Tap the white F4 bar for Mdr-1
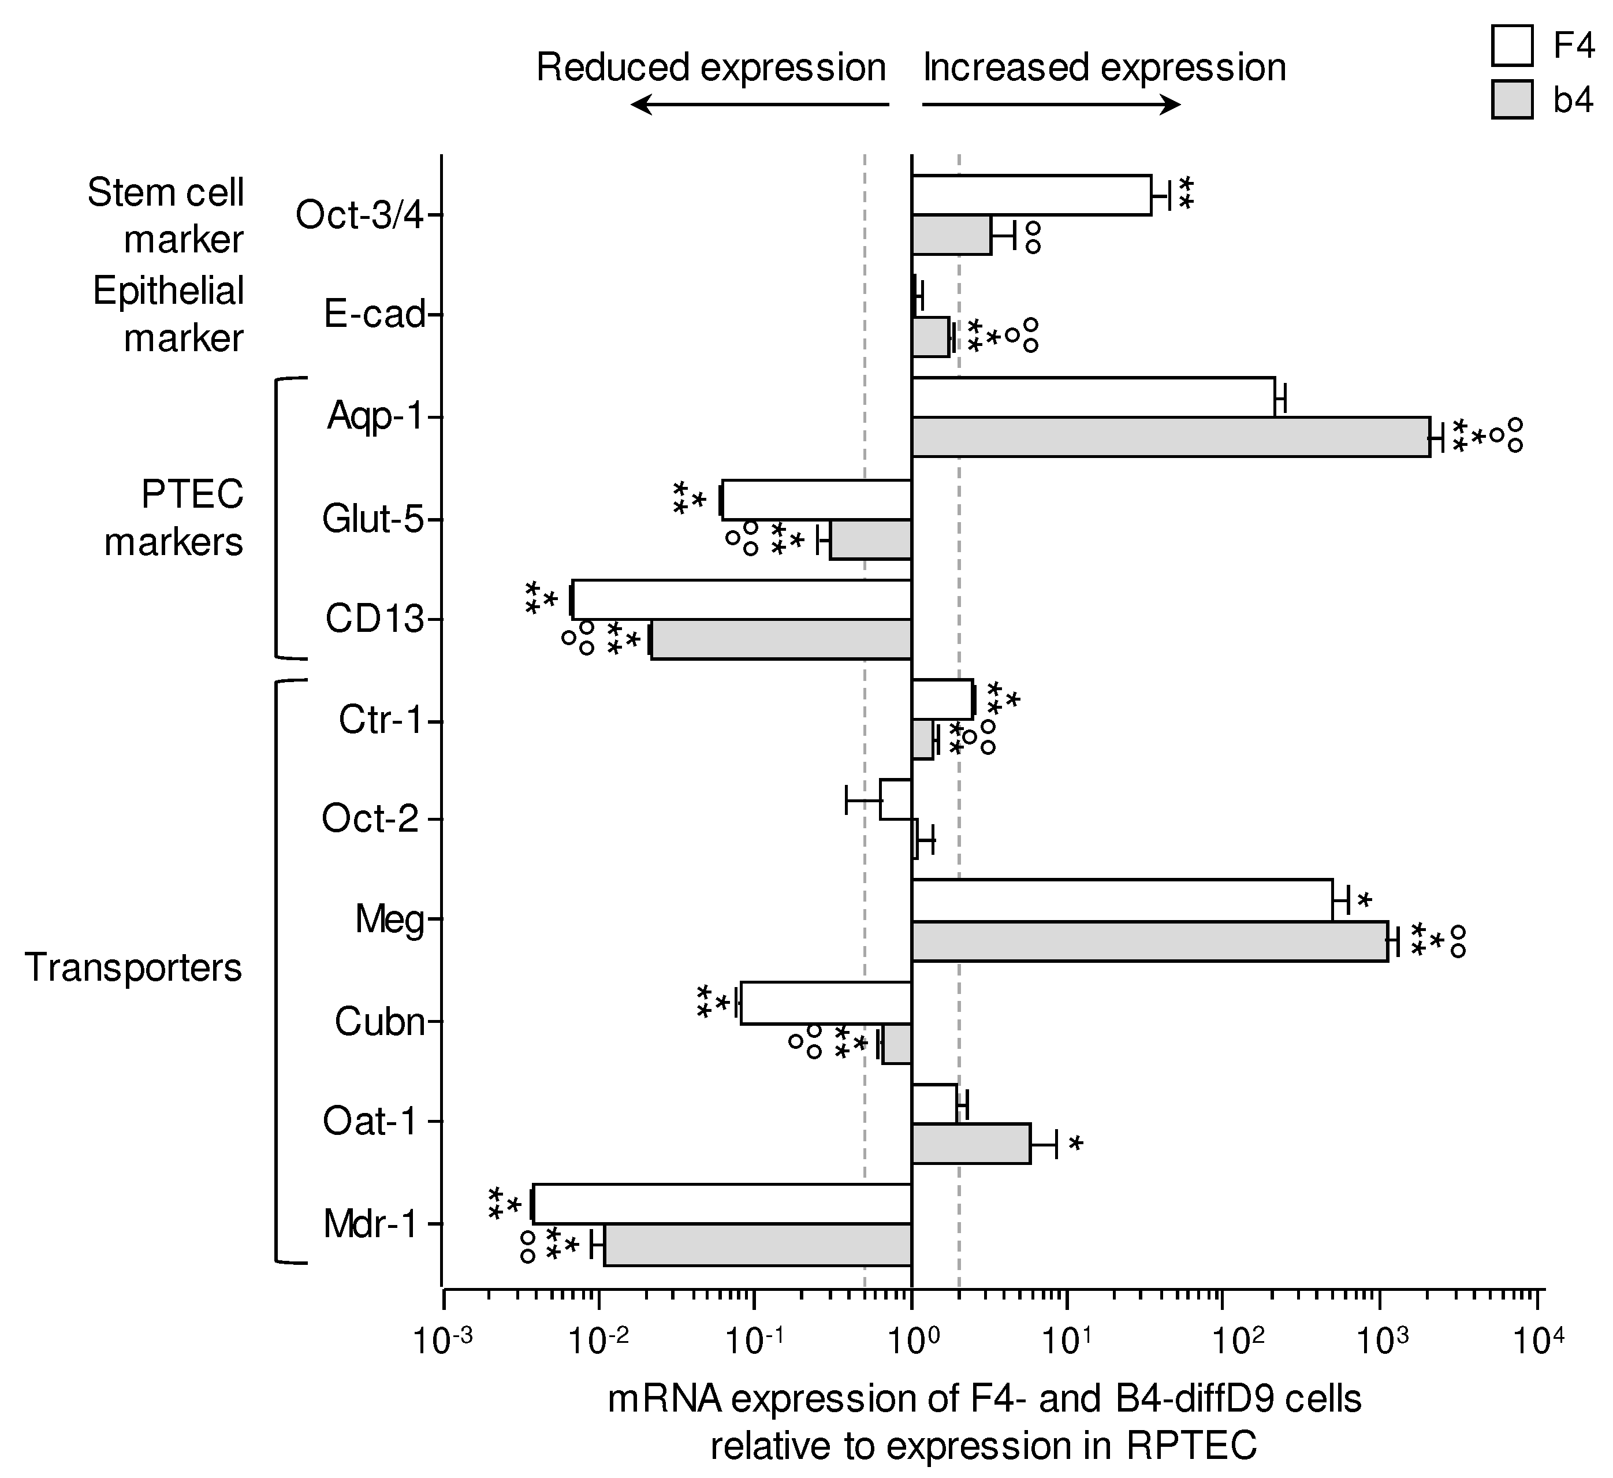722,1204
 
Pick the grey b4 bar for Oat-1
971,1144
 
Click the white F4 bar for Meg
1122,900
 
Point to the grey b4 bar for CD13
781,639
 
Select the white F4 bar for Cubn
826,1003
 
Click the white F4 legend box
1512,46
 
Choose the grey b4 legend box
1512,100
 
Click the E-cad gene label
374,314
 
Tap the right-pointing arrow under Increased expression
1051,104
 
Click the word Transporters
133,967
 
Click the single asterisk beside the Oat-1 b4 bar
1076,1144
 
